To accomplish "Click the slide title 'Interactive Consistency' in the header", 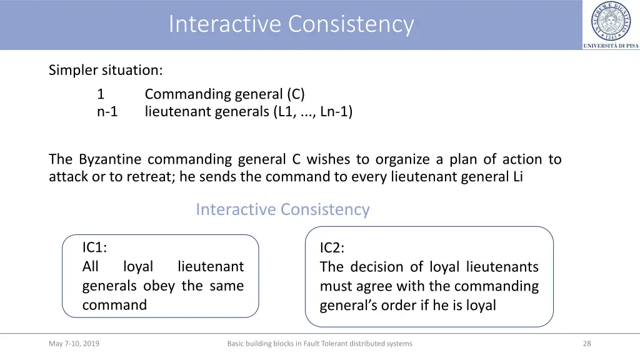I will (x=291, y=24).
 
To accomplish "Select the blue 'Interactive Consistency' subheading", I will (x=282, y=209).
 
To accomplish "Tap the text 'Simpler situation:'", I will (x=106, y=70).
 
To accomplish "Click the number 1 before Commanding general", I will (x=101, y=94).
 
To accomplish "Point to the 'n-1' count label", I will (x=107, y=112).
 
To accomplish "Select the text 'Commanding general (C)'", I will (x=224, y=94).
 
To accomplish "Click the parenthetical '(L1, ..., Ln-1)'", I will (x=312, y=112).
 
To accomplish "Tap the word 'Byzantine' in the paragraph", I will (x=110, y=159).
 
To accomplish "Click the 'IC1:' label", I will (x=95, y=247).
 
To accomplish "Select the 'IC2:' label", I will (x=332, y=248).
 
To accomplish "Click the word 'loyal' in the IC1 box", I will (x=137, y=267).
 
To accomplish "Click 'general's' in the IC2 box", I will (x=346, y=306).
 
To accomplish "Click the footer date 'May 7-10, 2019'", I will (x=74, y=343).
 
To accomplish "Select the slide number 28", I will (x=586, y=343).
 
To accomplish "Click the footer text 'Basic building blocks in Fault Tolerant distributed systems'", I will (x=319, y=343).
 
